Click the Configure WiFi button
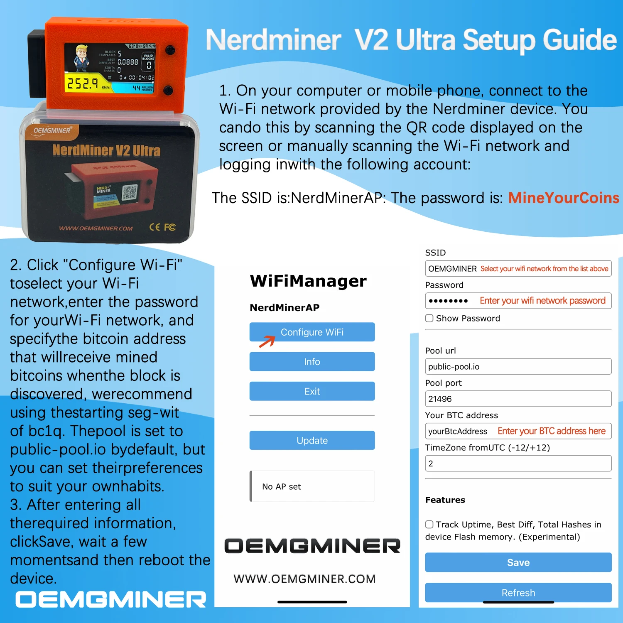312,332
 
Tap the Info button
312,361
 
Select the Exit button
312,391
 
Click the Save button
518,562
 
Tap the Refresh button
518,592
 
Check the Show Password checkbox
429,318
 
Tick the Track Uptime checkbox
429,525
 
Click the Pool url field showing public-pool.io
518,366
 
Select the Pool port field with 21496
518,399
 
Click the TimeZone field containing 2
518,464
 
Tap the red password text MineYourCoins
564,198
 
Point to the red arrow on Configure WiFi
267,341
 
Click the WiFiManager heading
308,281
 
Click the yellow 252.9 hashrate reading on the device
83,83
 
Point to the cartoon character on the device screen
81,58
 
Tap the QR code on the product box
129,193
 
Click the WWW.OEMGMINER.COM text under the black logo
304,579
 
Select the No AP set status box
312,486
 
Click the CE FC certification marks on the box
162,227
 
